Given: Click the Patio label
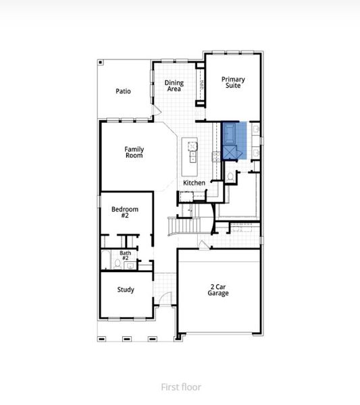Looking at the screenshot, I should pyautogui.click(x=122, y=91).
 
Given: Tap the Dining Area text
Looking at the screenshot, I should pyautogui.click(x=174, y=86).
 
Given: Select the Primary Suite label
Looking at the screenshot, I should pyautogui.click(x=233, y=82).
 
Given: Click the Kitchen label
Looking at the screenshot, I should pyautogui.click(x=194, y=183).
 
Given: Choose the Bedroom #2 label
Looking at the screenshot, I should pyautogui.click(x=125, y=213).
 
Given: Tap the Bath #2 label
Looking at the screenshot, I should pyautogui.click(x=126, y=256).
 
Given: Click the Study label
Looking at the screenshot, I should pyautogui.click(x=125, y=290).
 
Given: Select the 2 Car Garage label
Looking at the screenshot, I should pyautogui.click(x=217, y=290).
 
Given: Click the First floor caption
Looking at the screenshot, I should pyautogui.click(x=180, y=387).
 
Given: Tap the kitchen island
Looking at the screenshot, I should pyautogui.click(x=191, y=152).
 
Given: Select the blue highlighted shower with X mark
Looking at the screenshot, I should pyautogui.click(x=233, y=153).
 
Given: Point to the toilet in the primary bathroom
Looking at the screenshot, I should pyautogui.click(x=230, y=177).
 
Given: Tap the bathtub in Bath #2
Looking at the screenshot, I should pyautogui.click(x=105, y=261).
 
